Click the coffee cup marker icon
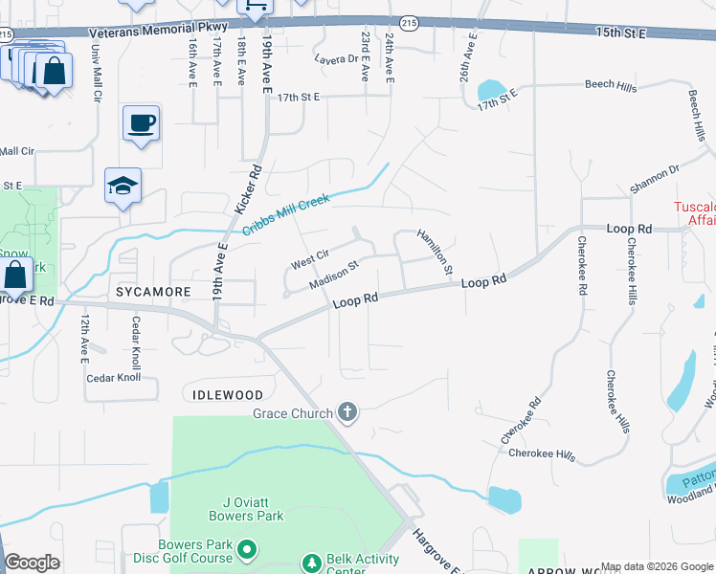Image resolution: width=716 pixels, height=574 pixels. (x=141, y=123)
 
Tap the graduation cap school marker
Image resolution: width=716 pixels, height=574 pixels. (x=123, y=186)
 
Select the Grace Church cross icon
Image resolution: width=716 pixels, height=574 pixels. (x=347, y=413)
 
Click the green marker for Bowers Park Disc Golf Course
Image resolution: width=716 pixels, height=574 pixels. (x=247, y=549)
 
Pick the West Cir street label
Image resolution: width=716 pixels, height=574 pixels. (x=309, y=259)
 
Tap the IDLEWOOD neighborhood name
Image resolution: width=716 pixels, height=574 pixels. (x=227, y=394)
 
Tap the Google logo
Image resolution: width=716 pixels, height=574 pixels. (x=32, y=562)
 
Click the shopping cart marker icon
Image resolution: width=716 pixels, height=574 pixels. (x=255, y=7)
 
